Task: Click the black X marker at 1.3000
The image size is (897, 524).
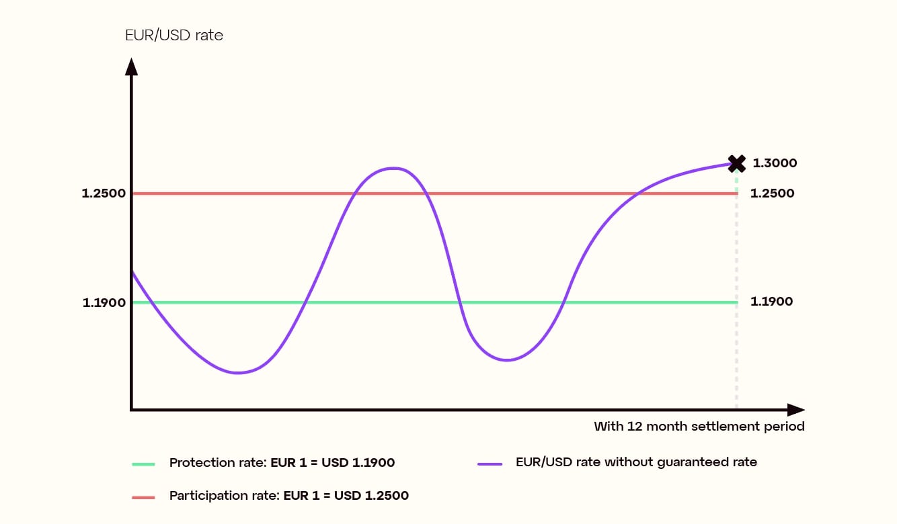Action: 737,163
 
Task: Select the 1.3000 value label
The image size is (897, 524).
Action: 774,163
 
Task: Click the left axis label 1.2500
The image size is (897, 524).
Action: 104,193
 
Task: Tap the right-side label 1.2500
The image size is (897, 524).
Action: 772,193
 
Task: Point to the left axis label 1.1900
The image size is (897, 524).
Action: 104,302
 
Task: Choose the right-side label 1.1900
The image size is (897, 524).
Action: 771,302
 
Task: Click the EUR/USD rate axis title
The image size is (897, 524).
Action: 174,36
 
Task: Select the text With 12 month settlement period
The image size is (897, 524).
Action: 699,426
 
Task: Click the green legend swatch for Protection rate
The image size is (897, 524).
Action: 143,464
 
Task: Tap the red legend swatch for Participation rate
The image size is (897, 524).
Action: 143,497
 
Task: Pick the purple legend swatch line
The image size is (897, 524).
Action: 490,464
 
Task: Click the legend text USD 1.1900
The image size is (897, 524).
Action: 358,463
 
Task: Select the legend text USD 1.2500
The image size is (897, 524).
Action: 372,496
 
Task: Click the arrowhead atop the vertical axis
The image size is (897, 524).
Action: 132,66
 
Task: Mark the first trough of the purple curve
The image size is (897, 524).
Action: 237,372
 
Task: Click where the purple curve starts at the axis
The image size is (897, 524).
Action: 132,271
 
